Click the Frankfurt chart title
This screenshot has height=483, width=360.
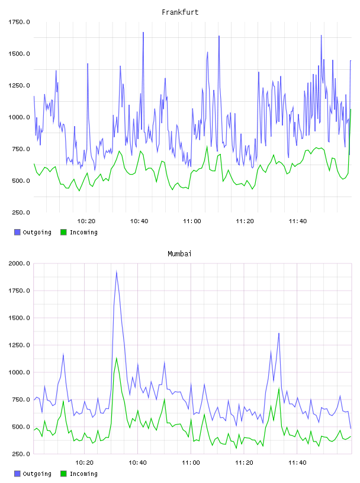tap(180, 12)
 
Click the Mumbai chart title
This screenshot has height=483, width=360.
tap(179, 254)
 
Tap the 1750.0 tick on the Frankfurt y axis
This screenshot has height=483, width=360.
tap(19, 22)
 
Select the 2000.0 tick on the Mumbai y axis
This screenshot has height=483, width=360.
tap(19, 263)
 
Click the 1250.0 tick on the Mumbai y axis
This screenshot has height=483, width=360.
tap(19, 345)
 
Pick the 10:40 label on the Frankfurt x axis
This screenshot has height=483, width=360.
tap(139, 221)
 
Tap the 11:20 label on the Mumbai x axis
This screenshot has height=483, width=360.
tap(244, 463)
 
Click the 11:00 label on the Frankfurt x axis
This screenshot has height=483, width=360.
tap(192, 221)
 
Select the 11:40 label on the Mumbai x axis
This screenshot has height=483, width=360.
tap(297, 463)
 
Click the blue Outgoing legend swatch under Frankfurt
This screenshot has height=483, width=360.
tap(17, 232)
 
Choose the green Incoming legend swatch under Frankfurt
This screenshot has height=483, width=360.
tap(63, 232)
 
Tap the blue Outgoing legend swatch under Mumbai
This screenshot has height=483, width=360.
tap(17, 474)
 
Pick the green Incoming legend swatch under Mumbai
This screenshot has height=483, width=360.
tap(63, 474)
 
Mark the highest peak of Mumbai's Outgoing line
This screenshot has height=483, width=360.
tap(116, 271)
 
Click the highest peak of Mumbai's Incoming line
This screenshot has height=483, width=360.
tap(116, 358)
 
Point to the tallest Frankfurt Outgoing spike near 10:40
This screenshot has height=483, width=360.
tap(143, 33)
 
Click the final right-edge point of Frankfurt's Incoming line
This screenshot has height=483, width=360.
tap(351, 110)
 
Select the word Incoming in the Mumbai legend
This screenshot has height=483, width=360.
tap(83, 474)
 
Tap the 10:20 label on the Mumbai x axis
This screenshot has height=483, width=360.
tap(84, 463)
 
